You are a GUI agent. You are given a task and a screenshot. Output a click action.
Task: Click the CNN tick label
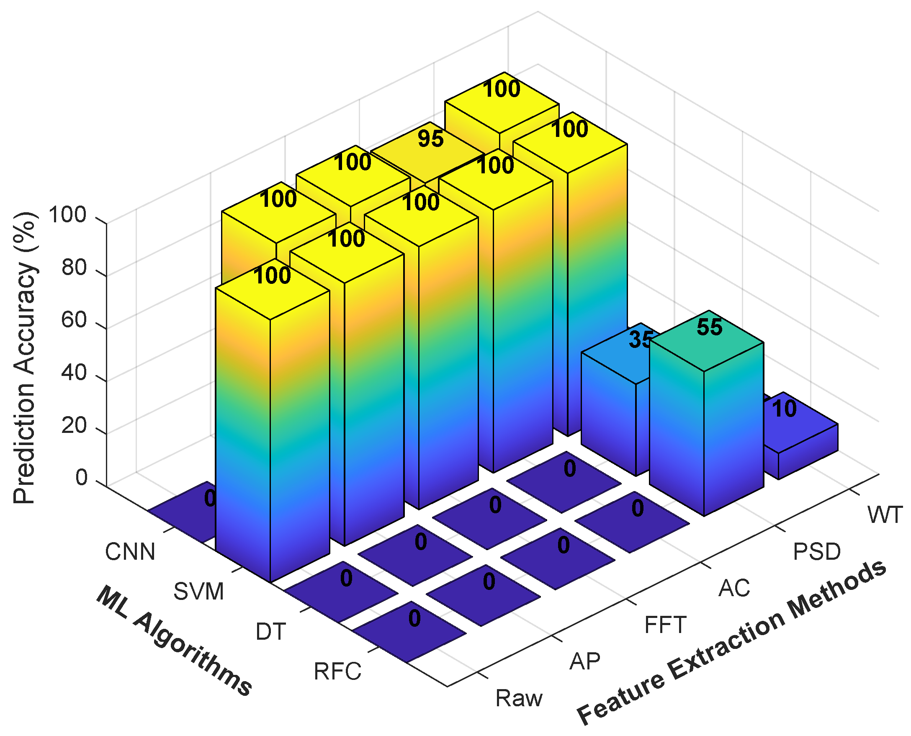click(x=130, y=552)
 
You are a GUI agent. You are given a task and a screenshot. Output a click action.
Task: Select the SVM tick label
click(x=198, y=592)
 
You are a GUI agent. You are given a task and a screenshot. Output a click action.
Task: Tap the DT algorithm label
click(x=270, y=632)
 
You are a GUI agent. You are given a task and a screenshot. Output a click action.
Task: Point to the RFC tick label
click(x=337, y=672)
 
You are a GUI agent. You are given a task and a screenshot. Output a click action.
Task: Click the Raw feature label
click(x=518, y=698)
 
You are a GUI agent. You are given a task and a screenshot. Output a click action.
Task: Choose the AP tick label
click(x=584, y=661)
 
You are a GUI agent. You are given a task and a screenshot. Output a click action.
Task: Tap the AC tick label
click(x=734, y=589)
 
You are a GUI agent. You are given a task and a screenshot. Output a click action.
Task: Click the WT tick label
click(x=885, y=515)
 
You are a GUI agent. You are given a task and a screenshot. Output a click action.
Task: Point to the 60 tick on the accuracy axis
click(x=74, y=320)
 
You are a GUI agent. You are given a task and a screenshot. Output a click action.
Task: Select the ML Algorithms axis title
click(x=174, y=640)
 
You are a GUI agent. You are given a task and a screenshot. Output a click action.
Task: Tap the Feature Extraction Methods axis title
click(x=731, y=642)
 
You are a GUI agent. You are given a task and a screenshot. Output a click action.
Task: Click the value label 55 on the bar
click(x=709, y=327)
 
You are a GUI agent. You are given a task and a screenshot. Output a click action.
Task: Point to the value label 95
click(x=430, y=139)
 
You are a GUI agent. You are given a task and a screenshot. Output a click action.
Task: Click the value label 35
click(x=639, y=339)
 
